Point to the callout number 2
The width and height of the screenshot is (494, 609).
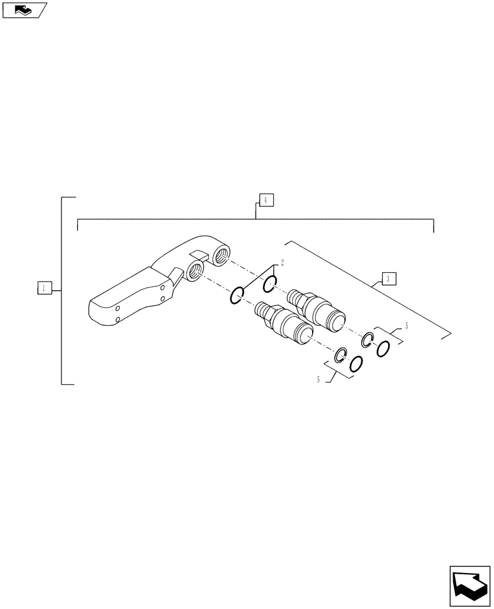(x=282, y=262)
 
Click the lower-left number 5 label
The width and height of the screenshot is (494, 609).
(x=318, y=380)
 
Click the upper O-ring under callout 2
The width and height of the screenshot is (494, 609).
(x=271, y=283)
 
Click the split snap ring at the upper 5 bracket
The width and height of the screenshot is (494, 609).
(x=367, y=340)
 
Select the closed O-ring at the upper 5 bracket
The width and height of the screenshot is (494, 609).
(x=383, y=350)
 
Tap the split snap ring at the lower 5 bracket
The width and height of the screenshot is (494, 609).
(x=341, y=355)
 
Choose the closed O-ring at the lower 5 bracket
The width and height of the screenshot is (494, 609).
(x=357, y=364)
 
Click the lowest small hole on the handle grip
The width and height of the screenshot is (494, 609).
(x=117, y=320)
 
